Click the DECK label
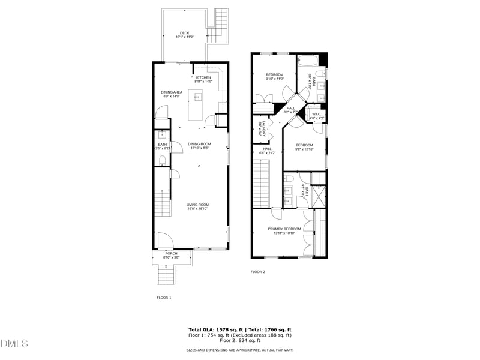point(184,33)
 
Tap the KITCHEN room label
point(203,77)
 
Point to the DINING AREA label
point(172,92)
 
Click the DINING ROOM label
point(199,144)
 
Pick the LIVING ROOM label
point(197,205)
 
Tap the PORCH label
point(172,254)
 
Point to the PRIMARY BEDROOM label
point(284,229)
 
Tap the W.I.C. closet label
point(316,115)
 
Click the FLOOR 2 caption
point(257,272)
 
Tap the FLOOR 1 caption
point(164,298)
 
